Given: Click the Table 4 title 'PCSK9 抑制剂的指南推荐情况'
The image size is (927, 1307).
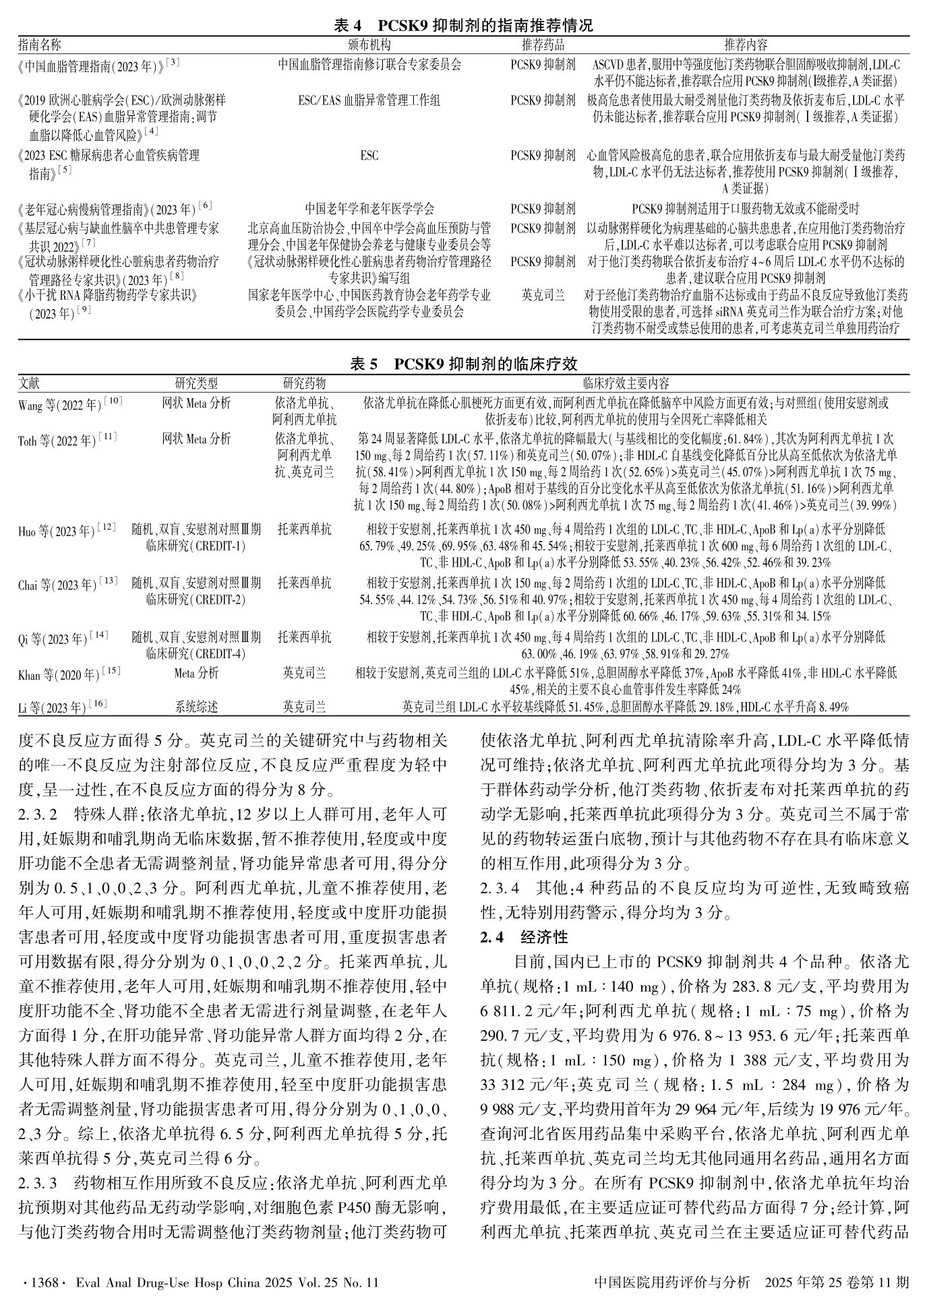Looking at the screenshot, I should (485, 26).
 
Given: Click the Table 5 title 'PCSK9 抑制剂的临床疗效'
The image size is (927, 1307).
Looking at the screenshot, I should (485, 364).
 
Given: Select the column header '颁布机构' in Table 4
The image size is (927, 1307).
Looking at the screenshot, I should (369, 45).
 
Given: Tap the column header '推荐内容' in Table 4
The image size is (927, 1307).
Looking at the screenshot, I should (746, 45).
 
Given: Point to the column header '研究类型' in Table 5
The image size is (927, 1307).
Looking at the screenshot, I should (196, 383).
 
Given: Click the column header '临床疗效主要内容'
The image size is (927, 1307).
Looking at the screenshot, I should (626, 383).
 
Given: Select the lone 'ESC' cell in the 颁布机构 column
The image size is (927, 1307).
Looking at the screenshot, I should (369, 156).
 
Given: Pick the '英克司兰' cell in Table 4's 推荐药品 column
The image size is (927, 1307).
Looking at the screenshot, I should (543, 295).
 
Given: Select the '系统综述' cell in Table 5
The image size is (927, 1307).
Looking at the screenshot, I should (196, 707).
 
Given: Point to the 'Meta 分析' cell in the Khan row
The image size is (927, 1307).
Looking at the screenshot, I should (196, 672).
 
